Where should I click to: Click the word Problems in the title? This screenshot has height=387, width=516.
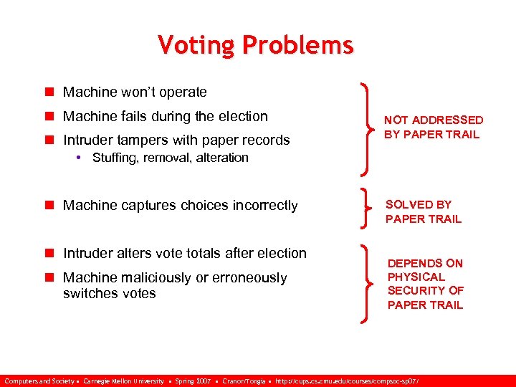pyautogui.click(x=297, y=45)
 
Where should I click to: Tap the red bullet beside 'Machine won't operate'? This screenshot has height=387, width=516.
pyautogui.click(x=49, y=92)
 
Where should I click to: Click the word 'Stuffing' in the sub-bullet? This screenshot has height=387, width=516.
pyautogui.click(x=115, y=158)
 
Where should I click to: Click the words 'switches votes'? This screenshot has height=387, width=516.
pyautogui.click(x=109, y=294)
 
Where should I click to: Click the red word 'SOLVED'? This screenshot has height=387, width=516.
pyautogui.click(x=408, y=205)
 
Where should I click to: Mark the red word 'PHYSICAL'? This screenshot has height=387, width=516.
pyautogui.click(x=416, y=277)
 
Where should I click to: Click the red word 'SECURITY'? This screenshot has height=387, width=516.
pyautogui.click(x=416, y=290)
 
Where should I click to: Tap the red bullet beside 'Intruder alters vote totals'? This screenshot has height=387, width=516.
pyautogui.click(x=49, y=253)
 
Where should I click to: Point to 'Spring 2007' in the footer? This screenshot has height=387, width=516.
pyautogui.click(x=195, y=380)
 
